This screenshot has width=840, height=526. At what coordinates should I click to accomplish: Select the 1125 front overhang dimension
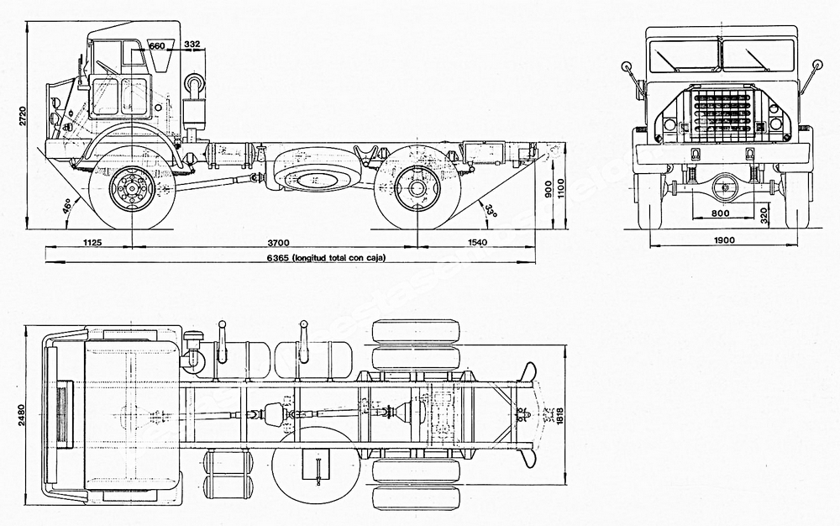coord(92,242)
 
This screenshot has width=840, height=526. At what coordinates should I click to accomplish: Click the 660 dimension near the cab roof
coord(157,45)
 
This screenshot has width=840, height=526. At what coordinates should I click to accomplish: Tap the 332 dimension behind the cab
coord(192,45)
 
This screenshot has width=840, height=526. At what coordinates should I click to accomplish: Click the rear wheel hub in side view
coord(417,188)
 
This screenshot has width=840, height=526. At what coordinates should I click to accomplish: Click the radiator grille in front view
coord(722,116)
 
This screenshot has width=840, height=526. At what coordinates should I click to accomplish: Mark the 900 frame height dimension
coord(548,192)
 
